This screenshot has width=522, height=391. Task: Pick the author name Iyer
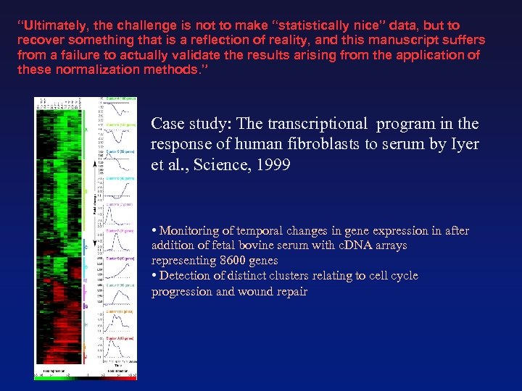pos(464,144)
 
